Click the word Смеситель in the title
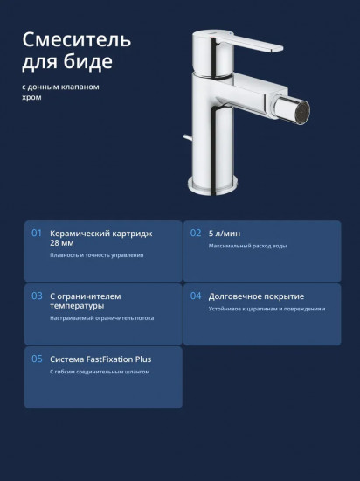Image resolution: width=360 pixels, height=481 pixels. point(77,39)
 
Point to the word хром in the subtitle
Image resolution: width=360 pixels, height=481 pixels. point(31,98)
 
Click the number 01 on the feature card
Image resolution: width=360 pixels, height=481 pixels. point(37,234)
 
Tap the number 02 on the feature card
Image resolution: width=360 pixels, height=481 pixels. point(196,234)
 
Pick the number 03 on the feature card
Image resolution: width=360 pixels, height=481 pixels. point(37,296)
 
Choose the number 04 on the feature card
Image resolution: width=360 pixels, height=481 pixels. point(196,296)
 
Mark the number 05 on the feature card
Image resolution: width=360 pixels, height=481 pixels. point(37,359)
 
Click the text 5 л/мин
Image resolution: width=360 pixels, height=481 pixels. point(225,234)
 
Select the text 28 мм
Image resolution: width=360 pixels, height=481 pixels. point(61,243)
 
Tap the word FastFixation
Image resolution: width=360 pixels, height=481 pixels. point(109,359)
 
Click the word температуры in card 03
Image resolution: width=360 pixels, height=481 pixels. point(77,306)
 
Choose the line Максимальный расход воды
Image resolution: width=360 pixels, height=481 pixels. point(247,246)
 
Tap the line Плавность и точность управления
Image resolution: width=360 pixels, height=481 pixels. point(96,255)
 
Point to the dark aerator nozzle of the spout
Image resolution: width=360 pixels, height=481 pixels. point(302,111)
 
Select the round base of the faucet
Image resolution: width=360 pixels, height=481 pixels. point(212,185)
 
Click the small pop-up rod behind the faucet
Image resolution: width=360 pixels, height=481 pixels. point(188,138)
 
